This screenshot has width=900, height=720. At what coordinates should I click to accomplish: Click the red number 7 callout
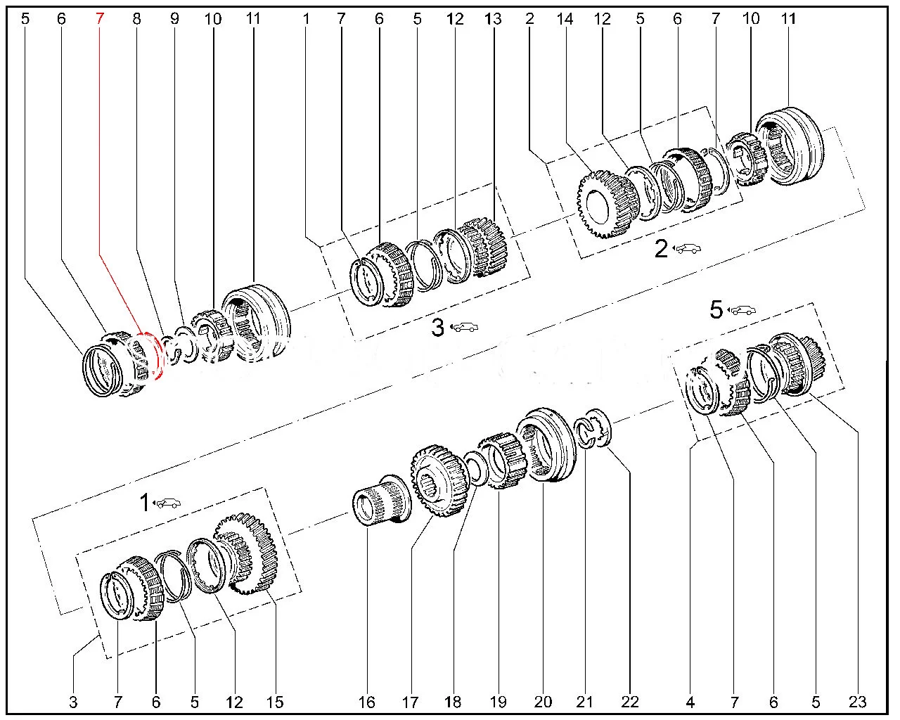point(99,19)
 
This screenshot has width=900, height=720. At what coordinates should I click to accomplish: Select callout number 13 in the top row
point(493,19)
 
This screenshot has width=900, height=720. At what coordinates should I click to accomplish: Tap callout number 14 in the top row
point(565,19)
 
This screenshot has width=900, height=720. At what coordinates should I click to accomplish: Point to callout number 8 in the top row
point(136,19)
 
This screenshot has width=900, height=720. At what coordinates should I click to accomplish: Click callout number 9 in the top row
point(174,19)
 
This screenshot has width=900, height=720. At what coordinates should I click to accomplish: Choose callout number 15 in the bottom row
point(274,701)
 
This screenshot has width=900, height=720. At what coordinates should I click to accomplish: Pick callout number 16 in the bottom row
point(367,701)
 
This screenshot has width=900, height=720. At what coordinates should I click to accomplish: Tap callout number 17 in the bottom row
point(411,701)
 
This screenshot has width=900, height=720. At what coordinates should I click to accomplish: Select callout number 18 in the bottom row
point(454,701)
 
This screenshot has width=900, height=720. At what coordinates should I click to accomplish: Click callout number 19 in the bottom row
point(498,701)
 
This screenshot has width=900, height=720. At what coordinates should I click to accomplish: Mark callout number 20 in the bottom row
point(543,701)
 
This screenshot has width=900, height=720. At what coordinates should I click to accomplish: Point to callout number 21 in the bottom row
point(586,701)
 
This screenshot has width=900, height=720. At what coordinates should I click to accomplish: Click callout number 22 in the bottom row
point(630,701)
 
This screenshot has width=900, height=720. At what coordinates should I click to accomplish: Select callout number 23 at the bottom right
point(857,701)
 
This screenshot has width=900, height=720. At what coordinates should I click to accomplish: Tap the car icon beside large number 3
point(465,327)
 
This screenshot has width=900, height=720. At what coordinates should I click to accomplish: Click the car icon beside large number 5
point(742,309)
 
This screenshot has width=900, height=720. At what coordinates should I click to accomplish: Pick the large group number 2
point(661,249)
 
